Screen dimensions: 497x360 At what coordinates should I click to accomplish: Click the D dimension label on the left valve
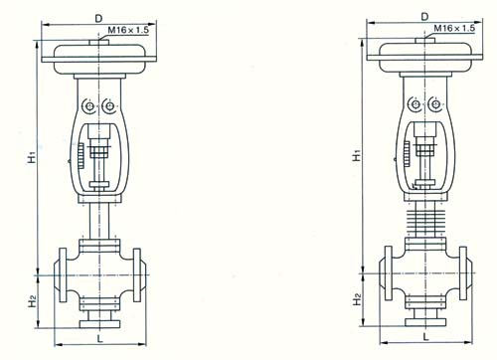click(x=98, y=19)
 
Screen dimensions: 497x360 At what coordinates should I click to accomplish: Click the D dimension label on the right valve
click(x=424, y=17)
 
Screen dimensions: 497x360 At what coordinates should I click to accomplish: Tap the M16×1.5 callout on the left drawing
click(x=128, y=31)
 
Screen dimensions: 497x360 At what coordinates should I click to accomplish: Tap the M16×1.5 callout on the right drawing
click(x=454, y=28)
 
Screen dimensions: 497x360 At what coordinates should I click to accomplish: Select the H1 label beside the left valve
click(x=32, y=157)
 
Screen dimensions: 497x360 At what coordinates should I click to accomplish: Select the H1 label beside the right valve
click(x=357, y=155)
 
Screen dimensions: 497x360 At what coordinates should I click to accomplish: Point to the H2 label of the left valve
click(x=32, y=302)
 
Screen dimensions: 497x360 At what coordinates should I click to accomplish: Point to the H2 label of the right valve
click(x=357, y=299)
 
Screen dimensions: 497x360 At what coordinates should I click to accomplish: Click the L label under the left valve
click(x=100, y=338)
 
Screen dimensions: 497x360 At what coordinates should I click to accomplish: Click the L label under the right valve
click(x=426, y=336)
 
